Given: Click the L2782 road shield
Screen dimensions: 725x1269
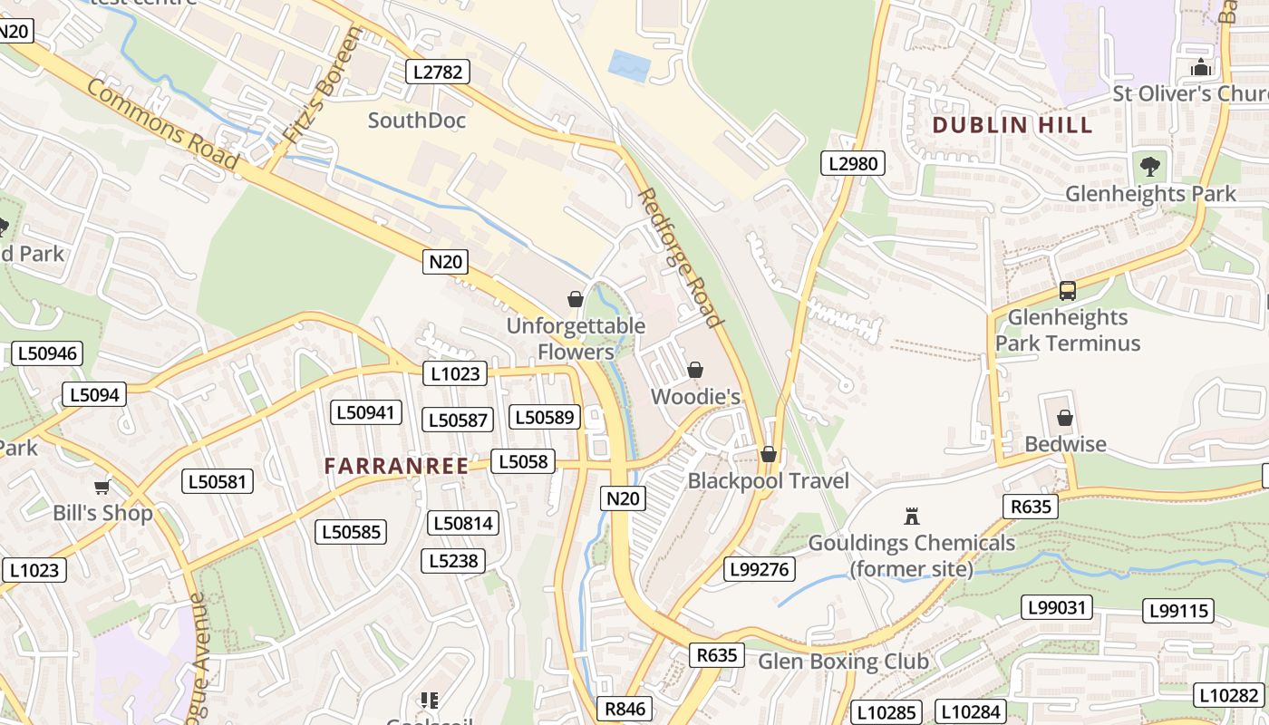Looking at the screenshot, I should pos(437,72).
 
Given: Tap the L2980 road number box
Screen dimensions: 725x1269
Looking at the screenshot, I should pos(852,163).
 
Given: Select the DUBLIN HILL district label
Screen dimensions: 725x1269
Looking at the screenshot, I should pos(1012,125).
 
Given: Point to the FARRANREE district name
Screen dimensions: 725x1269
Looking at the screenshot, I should pos(396,466).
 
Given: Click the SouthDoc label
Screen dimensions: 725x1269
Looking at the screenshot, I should pos(417,121).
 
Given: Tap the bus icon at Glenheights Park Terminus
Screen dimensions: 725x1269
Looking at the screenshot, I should pos(1068,291).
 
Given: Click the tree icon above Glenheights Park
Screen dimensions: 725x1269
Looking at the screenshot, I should pos(1150,167).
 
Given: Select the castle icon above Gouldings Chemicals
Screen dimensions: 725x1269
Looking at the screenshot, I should pos(912,517).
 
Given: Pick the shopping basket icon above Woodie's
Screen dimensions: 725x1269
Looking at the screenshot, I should pos(695,370).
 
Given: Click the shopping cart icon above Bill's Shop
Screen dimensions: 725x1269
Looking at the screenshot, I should pos(102,487).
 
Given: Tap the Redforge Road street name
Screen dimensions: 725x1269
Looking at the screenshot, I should pos(680,257).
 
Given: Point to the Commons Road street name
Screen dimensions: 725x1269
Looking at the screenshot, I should pos(163,123).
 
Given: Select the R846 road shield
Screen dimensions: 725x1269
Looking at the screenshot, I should pos(625,709).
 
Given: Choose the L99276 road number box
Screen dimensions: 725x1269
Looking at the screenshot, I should pos(760,569).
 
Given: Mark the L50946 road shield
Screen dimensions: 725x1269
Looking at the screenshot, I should pos(47,353).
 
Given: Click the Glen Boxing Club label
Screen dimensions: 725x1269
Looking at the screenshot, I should pos(843,662).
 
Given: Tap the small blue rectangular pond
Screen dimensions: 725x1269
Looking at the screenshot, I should pos(630,66).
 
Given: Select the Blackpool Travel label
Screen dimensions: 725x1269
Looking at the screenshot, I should pos(769,480).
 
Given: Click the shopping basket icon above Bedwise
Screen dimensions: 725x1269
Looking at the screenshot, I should pos(1065,418).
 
